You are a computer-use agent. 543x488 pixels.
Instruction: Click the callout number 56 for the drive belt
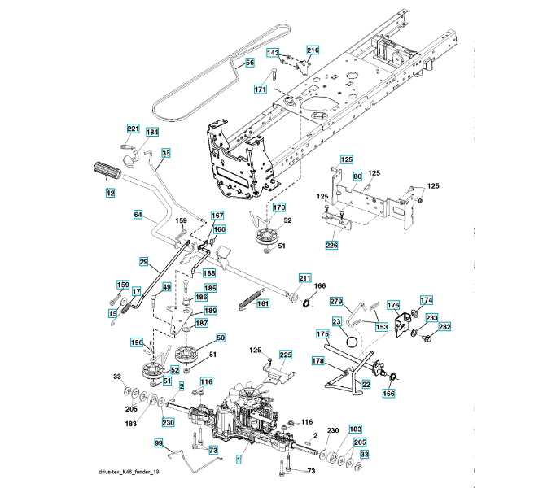click(x=249, y=63)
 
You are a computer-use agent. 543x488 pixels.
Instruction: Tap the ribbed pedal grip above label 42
click(x=107, y=171)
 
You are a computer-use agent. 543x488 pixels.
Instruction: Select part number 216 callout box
click(x=313, y=50)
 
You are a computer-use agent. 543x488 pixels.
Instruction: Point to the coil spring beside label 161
click(x=249, y=300)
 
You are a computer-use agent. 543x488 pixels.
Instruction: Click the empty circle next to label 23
click(x=352, y=342)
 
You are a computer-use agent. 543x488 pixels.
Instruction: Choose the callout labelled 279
click(x=336, y=302)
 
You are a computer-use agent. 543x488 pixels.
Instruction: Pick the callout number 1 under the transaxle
click(x=239, y=460)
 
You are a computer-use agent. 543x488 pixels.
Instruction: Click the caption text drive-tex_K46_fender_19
click(x=129, y=472)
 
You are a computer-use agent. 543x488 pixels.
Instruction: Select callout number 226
click(x=331, y=245)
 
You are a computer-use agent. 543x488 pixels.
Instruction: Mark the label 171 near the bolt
click(x=260, y=89)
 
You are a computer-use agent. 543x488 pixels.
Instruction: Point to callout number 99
click(x=159, y=443)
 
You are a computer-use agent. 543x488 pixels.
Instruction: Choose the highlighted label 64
click(x=138, y=215)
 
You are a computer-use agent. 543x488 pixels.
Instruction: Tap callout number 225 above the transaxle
click(x=286, y=355)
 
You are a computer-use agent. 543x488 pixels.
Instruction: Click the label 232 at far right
click(x=444, y=326)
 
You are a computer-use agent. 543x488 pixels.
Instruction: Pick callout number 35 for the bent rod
click(x=166, y=153)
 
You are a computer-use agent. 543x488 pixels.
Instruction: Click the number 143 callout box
click(x=273, y=53)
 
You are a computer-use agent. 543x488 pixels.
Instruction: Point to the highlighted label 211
click(x=304, y=278)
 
